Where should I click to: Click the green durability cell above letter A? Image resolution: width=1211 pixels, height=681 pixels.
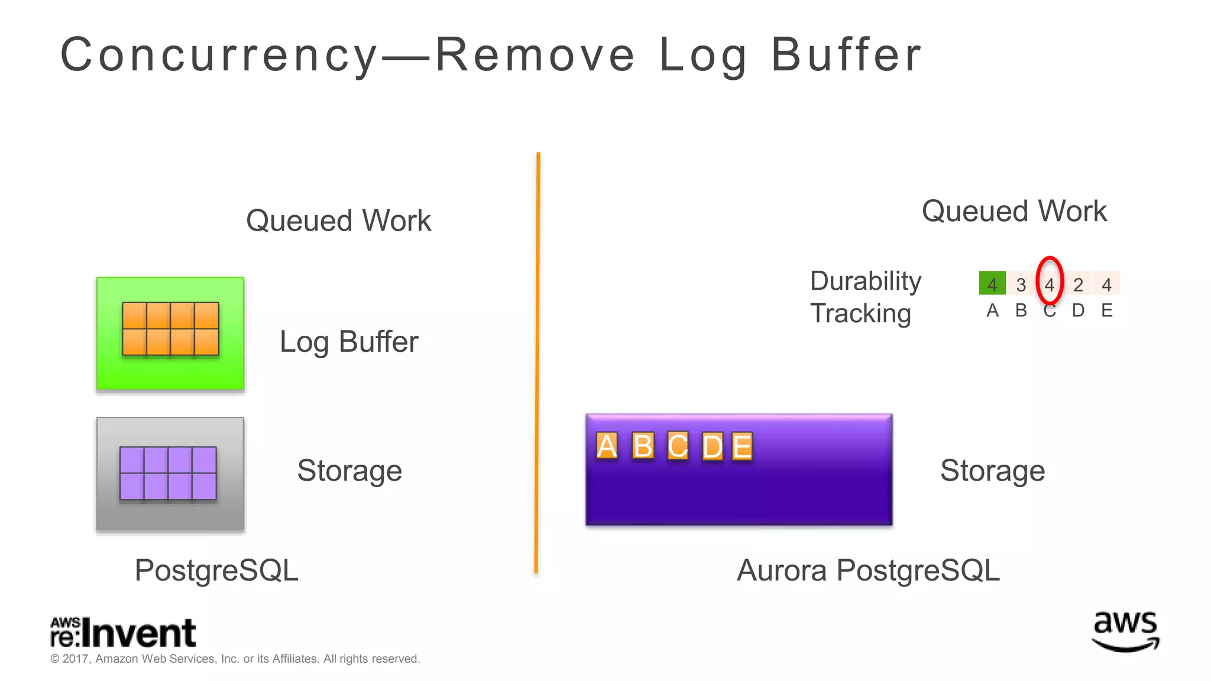(992, 284)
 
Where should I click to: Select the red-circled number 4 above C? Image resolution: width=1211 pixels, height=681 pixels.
(1050, 284)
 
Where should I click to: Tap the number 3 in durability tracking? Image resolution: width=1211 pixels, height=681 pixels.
(1021, 284)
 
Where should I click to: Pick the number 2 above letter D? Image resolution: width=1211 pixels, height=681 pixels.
(1078, 284)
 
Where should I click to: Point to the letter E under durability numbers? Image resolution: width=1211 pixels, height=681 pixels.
(1107, 310)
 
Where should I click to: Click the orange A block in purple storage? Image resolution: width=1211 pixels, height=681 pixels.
(607, 446)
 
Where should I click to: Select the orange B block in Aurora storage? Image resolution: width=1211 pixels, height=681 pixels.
(643, 446)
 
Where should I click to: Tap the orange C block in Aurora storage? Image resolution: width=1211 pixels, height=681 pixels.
(678, 446)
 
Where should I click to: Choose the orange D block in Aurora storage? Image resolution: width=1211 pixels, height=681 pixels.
(713, 446)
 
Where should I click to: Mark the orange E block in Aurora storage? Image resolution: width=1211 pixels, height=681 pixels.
(742, 446)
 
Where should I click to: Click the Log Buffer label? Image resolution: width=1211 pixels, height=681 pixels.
(349, 342)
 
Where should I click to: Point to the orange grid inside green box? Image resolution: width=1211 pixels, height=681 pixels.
(170, 329)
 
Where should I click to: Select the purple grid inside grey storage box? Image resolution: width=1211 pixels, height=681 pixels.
(168, 473)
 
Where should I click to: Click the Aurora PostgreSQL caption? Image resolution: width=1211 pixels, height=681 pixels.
(868, 570)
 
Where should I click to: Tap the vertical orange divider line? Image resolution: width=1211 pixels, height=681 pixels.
(537, 361)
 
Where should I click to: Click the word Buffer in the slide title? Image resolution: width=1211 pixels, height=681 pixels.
(846, 55)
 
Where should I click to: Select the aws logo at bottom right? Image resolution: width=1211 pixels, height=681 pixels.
(1125, 631)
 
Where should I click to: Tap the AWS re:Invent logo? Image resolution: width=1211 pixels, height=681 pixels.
(123, 633)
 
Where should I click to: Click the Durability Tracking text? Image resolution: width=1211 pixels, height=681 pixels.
(865, 297)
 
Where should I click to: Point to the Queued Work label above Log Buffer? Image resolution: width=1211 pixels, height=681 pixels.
(338, 220)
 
